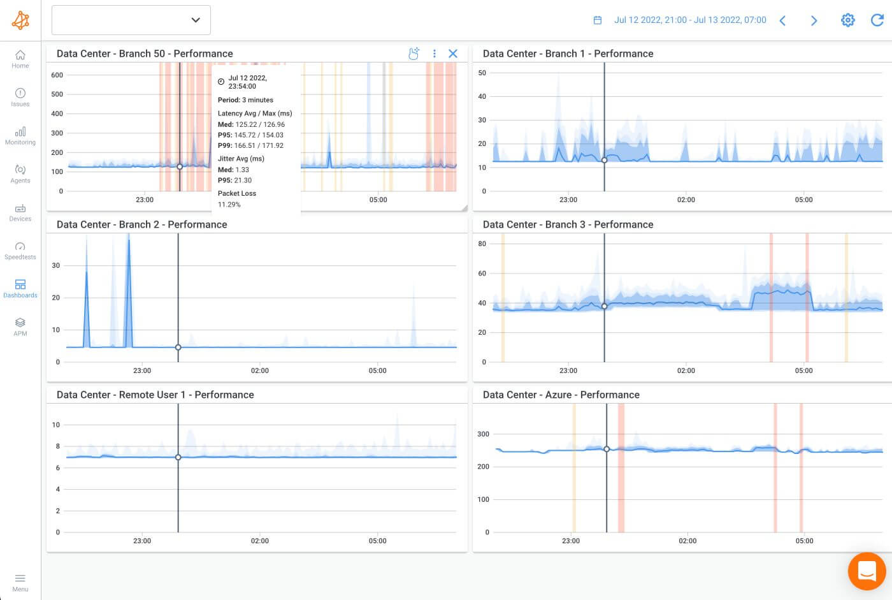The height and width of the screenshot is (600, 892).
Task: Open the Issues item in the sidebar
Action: (20, 97)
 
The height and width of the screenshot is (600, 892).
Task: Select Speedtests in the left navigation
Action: (20, 251)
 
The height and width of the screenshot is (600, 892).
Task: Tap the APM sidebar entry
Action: (20, 326)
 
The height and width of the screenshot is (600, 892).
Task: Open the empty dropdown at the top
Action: (131, 20)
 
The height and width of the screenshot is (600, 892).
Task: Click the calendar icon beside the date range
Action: (598, 20)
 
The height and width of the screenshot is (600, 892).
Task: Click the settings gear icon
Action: (847, 20)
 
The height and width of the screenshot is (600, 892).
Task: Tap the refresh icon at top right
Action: (877, 20)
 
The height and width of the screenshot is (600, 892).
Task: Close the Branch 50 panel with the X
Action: (453, 54)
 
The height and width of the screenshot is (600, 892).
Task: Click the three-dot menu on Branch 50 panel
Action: (435, 54)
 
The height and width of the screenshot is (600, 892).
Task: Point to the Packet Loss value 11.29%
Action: (229, 205)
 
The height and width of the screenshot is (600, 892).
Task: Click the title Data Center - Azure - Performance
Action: (561, 395)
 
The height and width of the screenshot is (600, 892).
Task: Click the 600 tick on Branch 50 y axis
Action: (57, 75)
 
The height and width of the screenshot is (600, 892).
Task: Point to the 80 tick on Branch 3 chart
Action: (482, 244)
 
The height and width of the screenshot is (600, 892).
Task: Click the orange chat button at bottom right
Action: (867, 571)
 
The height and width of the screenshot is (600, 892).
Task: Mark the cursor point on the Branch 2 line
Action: (178, 348)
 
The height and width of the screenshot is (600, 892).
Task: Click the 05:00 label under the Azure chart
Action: (804, 541)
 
